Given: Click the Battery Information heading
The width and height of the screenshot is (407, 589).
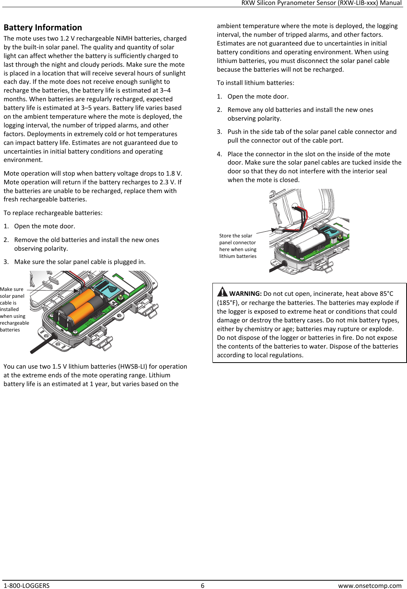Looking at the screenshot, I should pyautogui.click(x=43, y=28).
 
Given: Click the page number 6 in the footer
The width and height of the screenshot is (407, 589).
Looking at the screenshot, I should pyautogui.click(x=203, y=586).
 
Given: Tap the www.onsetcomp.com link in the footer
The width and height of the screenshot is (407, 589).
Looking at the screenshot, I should pyautogui.click(x=369, y=586).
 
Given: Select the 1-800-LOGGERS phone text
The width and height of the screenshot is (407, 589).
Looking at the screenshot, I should pyautogui.click(x=27, y=586).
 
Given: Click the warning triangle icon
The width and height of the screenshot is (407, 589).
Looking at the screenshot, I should pyautogui.click(x=222, y=292).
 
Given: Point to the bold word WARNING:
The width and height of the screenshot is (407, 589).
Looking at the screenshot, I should pyautogui.click(x=245, y=294).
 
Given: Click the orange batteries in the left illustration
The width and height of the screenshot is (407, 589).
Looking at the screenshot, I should pyautogui.click(x=82, y=305).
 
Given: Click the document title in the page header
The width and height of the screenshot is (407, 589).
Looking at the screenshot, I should pyautogui.click(x=321, y=3).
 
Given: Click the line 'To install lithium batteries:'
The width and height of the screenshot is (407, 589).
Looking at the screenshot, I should pyautogui.click(x=255, y=83).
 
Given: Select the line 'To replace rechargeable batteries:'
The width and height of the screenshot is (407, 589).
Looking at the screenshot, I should pyautogui.click(x=53, y=213).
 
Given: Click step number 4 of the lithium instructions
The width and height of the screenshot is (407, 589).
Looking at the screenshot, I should pyautogui.click(x=219, y=154).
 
